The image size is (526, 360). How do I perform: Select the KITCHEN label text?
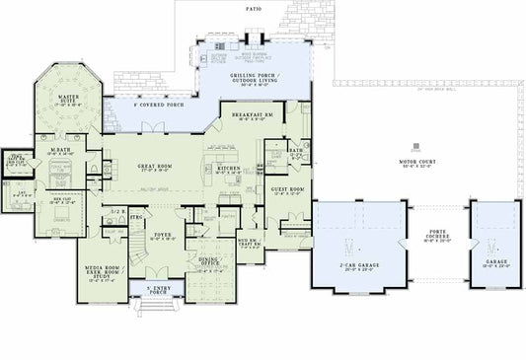228,169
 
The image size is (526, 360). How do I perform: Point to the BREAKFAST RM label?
253,115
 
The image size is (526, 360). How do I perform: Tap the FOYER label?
163,235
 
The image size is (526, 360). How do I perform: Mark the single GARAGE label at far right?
488,262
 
